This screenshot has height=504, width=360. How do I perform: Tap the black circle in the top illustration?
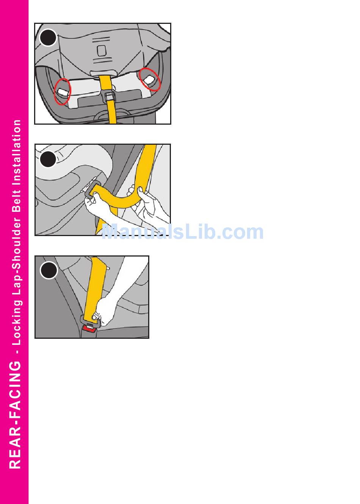click(x=48, y=38)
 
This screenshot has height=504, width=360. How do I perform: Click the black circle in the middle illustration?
click(x=48, y=159)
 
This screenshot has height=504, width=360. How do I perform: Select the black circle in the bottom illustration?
click(x=49, y=270)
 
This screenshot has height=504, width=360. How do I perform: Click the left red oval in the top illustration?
click(x=63, y=91)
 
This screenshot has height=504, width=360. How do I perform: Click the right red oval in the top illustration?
click(x=150, y=79)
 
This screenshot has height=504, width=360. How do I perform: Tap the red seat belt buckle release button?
click(x=89, y=329)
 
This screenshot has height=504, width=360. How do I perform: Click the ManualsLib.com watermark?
click(x=182, y=232)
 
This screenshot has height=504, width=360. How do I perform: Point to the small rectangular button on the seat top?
click(x=102, y=51)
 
